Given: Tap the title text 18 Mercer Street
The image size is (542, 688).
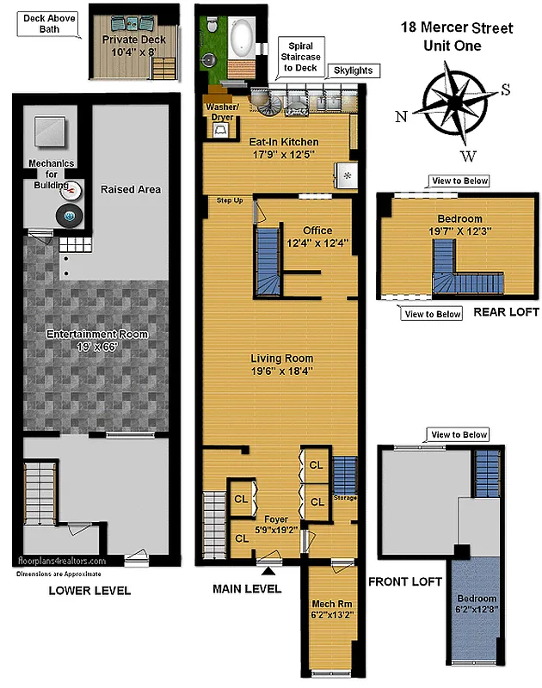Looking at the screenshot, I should [x=456, y=28].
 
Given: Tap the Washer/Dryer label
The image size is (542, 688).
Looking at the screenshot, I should [x=221, y=112].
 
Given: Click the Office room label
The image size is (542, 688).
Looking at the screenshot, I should [x=317, y=230].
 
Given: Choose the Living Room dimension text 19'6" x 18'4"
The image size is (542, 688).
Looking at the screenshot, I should [x=281, y=372].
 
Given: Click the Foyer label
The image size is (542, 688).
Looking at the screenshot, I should [x=276, y=519].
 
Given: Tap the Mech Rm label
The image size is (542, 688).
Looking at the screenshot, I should [x=330, y=605].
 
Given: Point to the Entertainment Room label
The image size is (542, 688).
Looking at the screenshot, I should [x=96, y=334].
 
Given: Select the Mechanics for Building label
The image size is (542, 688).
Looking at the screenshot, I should [x=52, y=168].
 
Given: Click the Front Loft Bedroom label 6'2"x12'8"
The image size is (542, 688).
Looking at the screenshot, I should [x=476, y=604].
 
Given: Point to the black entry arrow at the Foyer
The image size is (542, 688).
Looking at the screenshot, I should [x=268, y=570].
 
